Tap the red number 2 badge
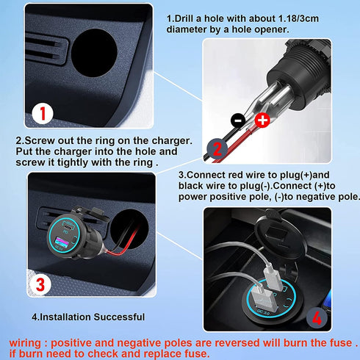(217, 150)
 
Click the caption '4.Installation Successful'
(88, 317)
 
